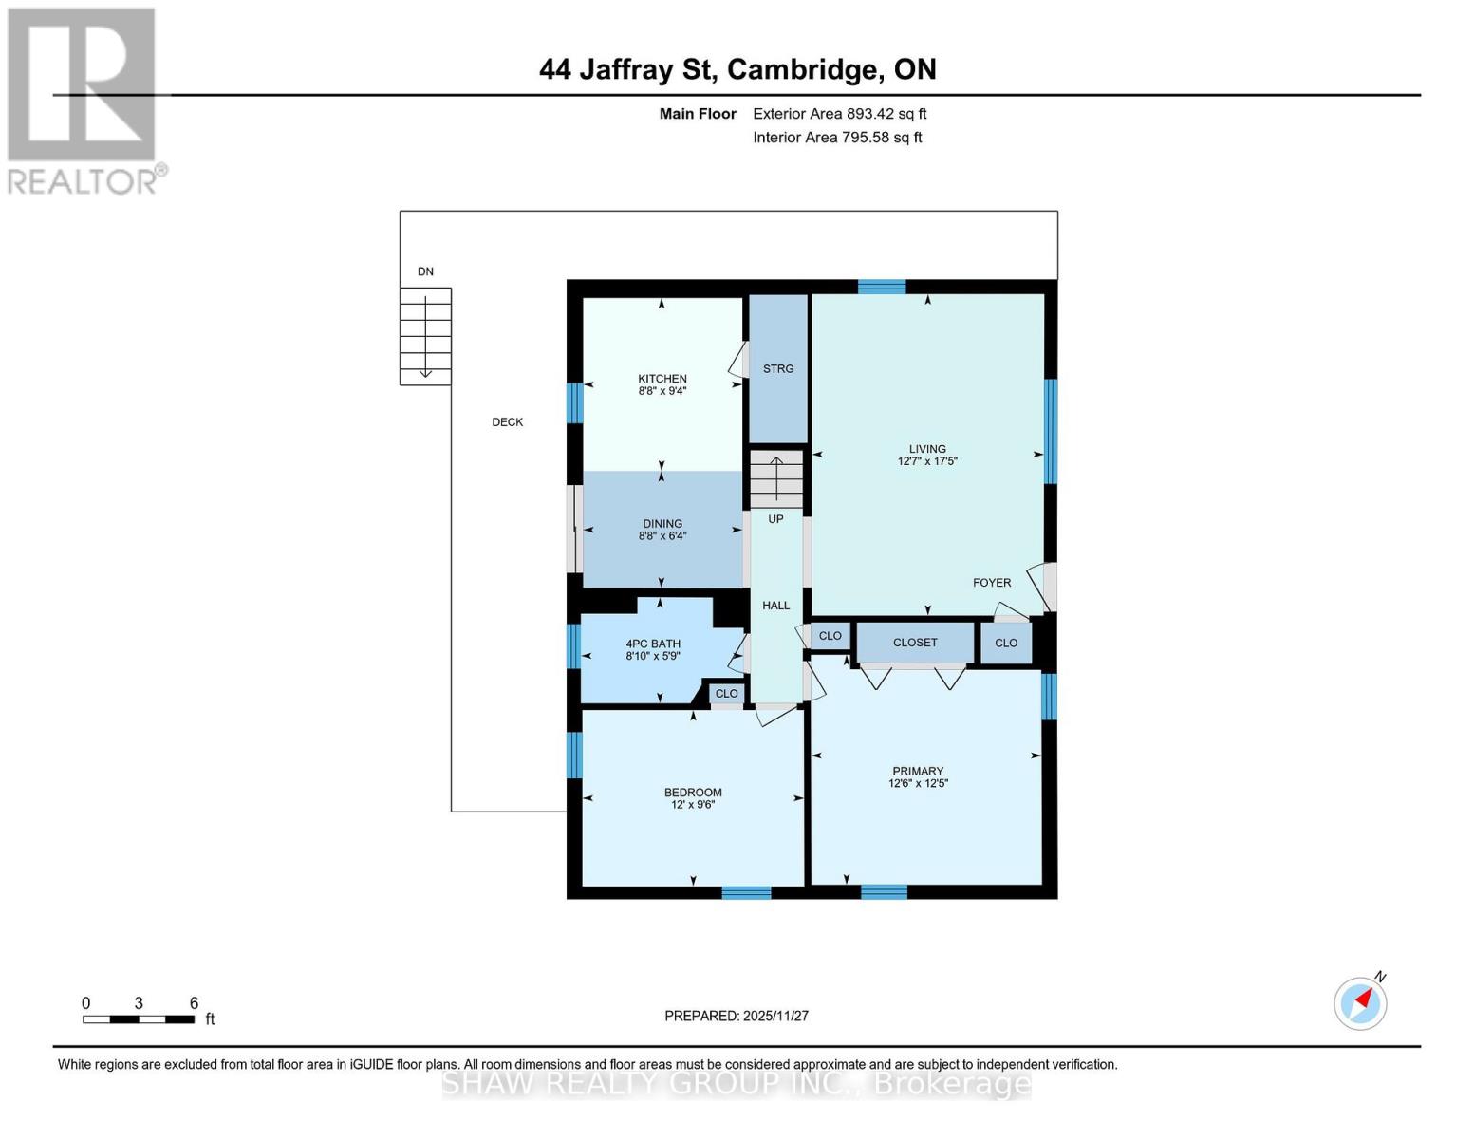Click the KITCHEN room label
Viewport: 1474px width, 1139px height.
coord(662,379)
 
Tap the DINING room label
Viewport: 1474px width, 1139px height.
coord(662,524)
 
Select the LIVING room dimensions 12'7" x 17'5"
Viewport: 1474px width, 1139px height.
coord(927,462)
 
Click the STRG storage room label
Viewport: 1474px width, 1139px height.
coord(778,369)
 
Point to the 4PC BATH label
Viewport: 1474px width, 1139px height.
coord(653,644)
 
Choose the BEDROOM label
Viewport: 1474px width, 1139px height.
coord(693,793)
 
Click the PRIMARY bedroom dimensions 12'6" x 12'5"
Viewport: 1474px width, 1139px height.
coord(918,784)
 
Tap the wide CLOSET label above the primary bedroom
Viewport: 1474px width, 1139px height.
coord(915,643)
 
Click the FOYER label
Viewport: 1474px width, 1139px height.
coord(992,583)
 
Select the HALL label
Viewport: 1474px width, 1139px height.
coord(775,606)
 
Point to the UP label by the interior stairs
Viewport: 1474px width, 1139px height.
coord(775,519)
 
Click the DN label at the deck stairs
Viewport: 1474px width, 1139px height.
coord(425,271)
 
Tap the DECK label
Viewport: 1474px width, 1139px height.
coord(507,422)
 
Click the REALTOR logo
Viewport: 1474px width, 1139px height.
coord(84,101)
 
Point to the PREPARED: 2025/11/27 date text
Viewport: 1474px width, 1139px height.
coord(737,1016)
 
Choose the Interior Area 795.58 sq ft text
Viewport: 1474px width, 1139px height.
coord(837,138)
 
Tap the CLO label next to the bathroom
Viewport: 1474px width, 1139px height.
coord(726,694)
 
